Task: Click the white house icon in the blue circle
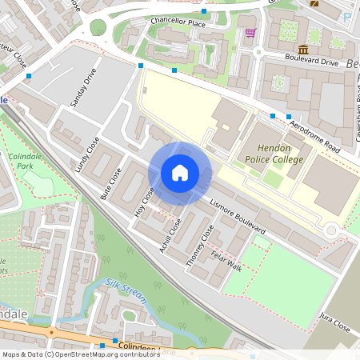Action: [180, 173]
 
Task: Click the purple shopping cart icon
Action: [250, 33]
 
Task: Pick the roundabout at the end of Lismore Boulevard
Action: [330, 230]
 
